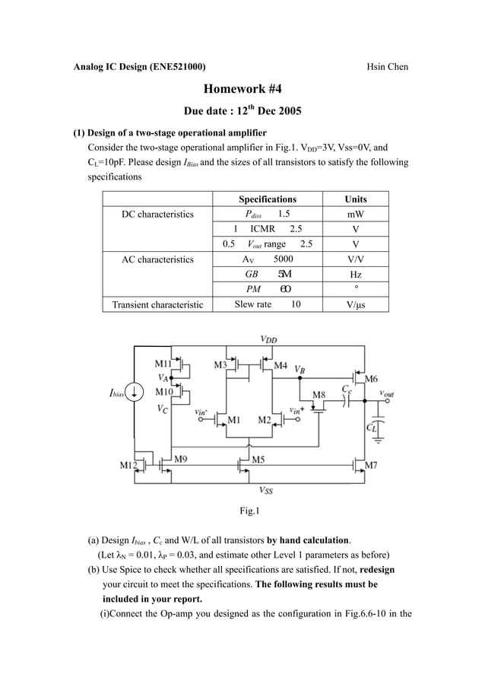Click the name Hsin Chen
click(387, 67)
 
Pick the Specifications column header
click(268, 199)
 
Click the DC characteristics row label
click(158, 215)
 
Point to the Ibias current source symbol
click(135, 392)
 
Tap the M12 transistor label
click(128, 464)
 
